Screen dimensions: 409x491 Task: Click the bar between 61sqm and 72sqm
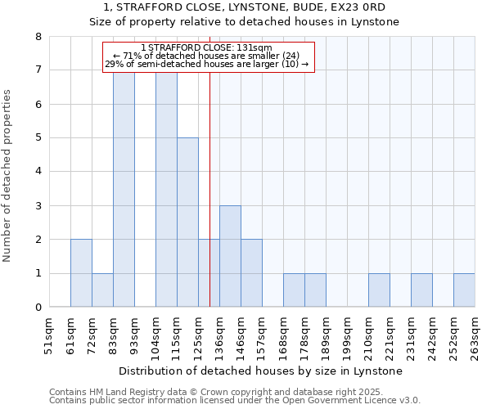click(x=81, y=273)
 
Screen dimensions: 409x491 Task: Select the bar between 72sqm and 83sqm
click(x=102, y=290)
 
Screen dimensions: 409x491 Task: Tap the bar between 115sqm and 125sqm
click(x=187, y=222)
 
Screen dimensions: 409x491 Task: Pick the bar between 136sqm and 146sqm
click(x=230, y=256)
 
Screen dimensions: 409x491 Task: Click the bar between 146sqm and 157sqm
click(x=251, y=273)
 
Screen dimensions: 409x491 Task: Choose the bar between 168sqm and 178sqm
click(x=294, y=290)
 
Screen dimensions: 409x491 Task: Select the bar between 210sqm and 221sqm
click(x=379, y=290)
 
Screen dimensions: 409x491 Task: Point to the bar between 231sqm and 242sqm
click(x=421, y=290)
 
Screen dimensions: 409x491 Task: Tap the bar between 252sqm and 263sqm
click(x=464, y=290)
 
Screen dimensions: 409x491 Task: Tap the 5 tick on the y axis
click(x=38, y=138)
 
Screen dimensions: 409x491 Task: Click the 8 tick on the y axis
click(x=38, y=37)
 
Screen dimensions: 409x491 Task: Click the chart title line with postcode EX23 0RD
click(x=245, y=7)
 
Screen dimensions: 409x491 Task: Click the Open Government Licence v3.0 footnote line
click(x=235, y=401)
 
